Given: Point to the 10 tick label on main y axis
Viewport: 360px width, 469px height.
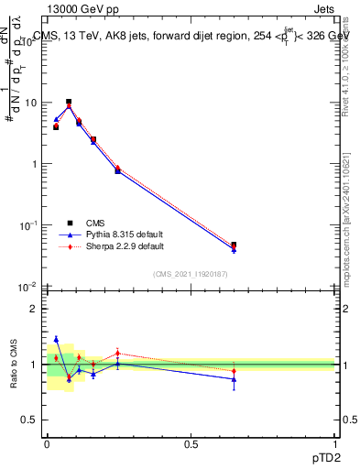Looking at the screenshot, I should click(x=31, y=103).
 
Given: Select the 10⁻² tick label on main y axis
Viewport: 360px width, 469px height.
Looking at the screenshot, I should click(x=29, y=287).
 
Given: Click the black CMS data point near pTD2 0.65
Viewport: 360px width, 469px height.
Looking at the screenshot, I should click(x=234, y=245).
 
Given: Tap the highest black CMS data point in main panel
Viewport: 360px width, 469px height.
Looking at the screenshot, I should click(x=69, y=102).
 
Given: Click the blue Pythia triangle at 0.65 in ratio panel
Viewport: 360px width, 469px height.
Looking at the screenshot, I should click(x=234, y=379).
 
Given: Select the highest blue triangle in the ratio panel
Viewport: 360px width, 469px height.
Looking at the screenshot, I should click(x=56, y=339).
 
